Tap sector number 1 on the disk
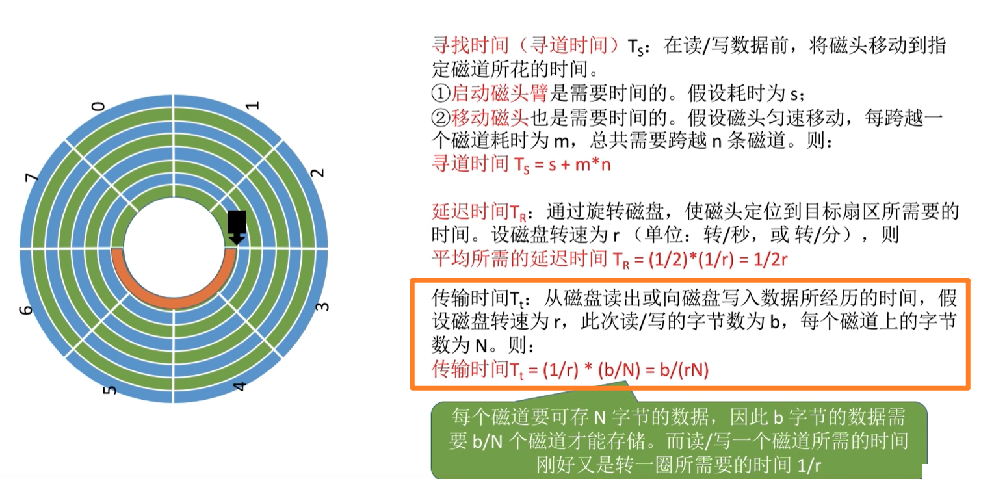pyautogui.click(x=254, y=105)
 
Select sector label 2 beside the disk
pyautogui.click(x=317, y=172)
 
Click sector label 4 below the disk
pyautogui.click(x=240, y=387)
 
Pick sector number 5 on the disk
pyautogui.click(x=111, y=389)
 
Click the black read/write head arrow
pyautogui.click(x=237, y=227)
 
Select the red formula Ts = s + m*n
pyautogui.click(x=521, y=164)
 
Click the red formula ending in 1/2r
pyautogui.click(x=610, y=259)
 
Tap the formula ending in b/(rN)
pyautogui.click(x=570, y=370)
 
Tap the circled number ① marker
pyautogui.click(x=441, y=94)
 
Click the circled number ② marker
pyautogui.click(x=441, y=118)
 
